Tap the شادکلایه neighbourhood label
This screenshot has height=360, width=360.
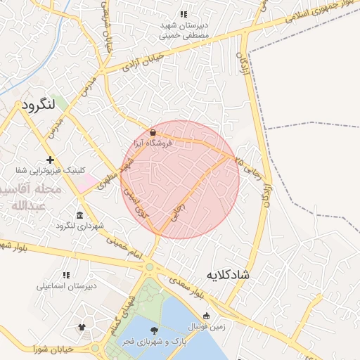[228, 274]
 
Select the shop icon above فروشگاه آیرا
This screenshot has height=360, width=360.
[153, 132]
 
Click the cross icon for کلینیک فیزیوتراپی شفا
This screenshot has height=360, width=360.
[50, 160]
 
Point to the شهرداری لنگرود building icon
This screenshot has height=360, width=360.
[79, 215]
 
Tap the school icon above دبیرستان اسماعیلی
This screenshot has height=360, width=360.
[66, 276]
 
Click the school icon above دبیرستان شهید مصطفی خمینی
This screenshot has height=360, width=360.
[184, 14]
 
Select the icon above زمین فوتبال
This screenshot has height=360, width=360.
[206, 316]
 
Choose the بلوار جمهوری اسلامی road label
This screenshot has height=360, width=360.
[320, 13]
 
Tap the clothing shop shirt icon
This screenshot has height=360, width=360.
[82, 327]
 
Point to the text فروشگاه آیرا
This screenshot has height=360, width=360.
[157, 143]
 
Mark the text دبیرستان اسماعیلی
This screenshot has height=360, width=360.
[67, 287]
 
